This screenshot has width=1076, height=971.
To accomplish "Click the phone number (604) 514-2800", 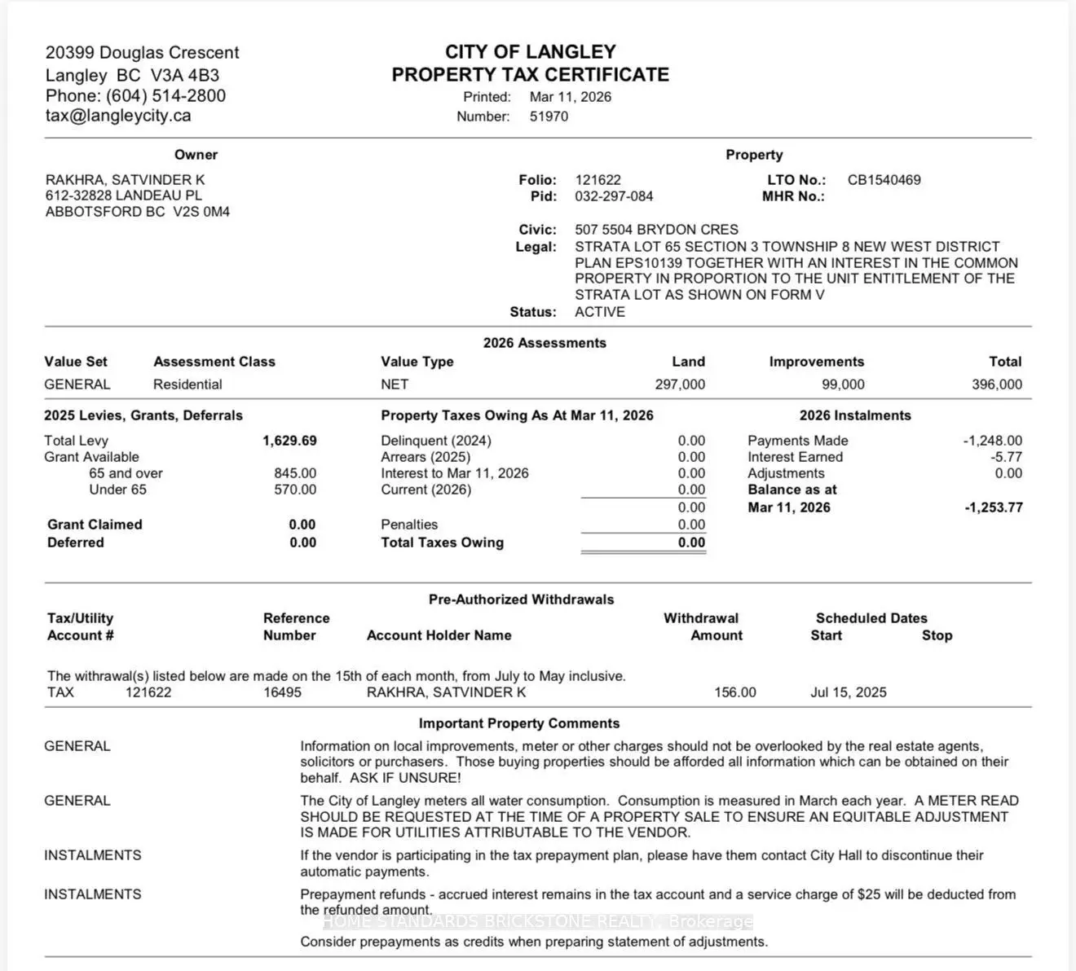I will (165, 95).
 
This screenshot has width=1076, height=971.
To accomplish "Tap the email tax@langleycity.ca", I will (118, 116).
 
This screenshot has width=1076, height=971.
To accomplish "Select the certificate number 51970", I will (549, 116).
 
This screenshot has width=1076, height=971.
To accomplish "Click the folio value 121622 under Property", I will (598, 180).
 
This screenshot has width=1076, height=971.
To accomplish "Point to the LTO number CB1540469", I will (884, 180).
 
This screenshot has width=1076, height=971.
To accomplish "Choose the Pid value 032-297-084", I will (614, 196).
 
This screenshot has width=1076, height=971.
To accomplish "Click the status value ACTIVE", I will (600, 312).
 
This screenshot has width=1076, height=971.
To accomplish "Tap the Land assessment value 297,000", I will (680, 384).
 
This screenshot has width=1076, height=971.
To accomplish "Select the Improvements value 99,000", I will (843, 384).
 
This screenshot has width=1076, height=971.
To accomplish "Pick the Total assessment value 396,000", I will (996, 384).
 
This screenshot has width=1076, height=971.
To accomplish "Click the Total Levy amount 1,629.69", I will (289, 441).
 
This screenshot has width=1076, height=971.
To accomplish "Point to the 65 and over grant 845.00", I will (295, 473).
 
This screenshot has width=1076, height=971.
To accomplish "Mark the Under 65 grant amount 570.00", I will (295, 490).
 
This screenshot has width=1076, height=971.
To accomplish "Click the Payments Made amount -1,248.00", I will (992, 441).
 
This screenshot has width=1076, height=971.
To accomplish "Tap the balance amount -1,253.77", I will (993, 507).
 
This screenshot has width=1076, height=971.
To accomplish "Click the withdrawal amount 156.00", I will (734, 692).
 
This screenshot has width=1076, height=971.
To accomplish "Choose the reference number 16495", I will (282, 692).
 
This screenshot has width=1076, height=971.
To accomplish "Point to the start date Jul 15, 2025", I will (848, 692).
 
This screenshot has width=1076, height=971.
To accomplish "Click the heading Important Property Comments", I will (519, 723).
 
